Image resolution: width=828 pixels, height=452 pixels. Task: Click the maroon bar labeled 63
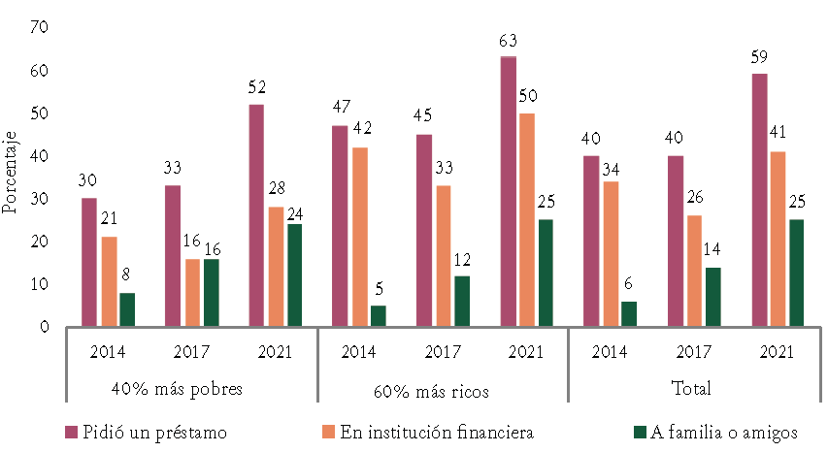click(508, 192)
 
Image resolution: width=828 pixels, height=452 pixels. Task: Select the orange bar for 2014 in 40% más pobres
click(110, 281)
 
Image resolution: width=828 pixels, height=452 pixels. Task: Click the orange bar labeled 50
click(527, 220)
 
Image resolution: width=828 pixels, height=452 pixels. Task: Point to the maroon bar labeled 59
click(759, 201)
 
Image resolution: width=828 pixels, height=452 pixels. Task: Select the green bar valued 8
click(128, 309)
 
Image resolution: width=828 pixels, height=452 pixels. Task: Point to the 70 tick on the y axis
click(39, 28)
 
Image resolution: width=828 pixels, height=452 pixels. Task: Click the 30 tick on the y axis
click(39, 199)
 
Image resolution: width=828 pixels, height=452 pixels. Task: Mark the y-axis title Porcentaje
click(11, 175)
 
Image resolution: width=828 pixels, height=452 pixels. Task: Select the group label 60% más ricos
click(443, 390)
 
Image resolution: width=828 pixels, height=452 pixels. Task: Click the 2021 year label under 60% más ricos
click(526, 352)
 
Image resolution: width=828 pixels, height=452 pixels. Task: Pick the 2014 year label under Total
click(610, 352)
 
